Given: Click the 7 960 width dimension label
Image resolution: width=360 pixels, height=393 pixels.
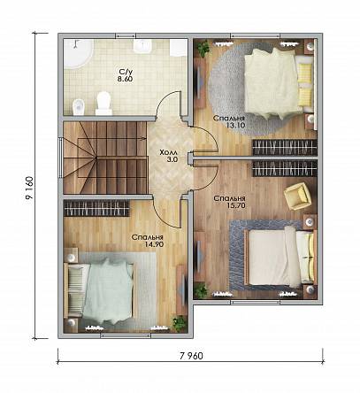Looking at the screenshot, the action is point(191,356).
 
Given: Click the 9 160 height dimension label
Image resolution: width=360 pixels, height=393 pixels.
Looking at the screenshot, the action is point(29,188).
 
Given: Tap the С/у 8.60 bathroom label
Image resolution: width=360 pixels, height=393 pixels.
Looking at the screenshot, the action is point(126,75).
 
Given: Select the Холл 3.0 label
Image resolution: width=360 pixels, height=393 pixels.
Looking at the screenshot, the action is point(168,156).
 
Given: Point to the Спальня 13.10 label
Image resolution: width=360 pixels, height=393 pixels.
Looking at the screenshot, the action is point(229,121).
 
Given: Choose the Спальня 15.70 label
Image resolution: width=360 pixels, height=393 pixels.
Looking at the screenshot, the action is point(230,202).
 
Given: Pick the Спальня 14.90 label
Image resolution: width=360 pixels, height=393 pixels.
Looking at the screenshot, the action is point(148,241).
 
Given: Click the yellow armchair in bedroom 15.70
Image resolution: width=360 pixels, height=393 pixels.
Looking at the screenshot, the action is point(298,196).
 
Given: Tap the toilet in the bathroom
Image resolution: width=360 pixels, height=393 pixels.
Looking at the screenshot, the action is point(103,103).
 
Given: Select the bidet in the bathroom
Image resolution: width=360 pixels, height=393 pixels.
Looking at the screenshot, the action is point(79,106).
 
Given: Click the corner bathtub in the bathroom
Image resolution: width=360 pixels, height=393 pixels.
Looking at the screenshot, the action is point(77,54).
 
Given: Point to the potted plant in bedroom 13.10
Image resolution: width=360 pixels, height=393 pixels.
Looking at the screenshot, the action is point(203,48).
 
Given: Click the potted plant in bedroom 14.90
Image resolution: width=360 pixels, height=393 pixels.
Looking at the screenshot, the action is point(180,323).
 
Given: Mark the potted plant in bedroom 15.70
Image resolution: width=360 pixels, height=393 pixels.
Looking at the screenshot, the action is point(201,289).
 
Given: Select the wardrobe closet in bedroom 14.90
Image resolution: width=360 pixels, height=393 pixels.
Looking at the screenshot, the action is point(96,208).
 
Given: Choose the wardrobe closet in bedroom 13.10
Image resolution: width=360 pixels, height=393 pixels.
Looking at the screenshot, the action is point(285,147).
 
